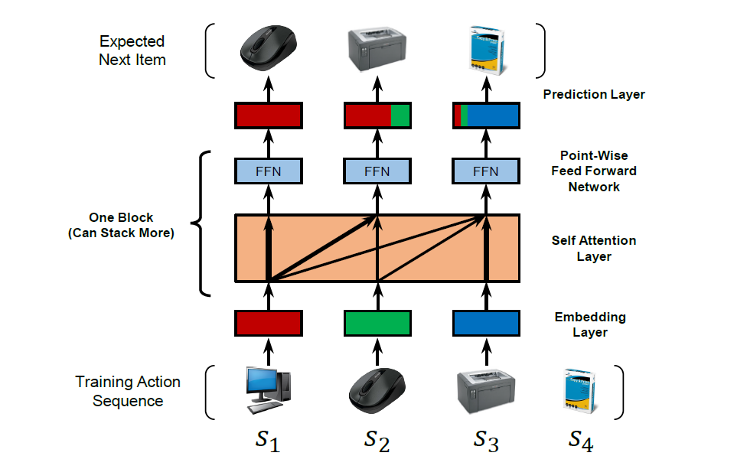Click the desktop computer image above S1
[268, 390]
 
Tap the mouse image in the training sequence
[377, 390]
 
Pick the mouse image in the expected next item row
[268, 48]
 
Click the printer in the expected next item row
[377, 49]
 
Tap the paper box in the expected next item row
[487, 50]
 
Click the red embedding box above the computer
[268, 324]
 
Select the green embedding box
[377, 324]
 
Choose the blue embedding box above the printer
[486, 324]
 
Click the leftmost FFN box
[268, 171]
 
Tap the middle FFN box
[377, 171]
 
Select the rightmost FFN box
[486, 171]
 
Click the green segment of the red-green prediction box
[400, 116]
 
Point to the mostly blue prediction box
[486, 116]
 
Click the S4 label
[581, 441]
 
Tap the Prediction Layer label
[594, 94]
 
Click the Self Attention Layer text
[594, 248]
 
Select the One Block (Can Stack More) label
[121, 225]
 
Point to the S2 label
[377, 441]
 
